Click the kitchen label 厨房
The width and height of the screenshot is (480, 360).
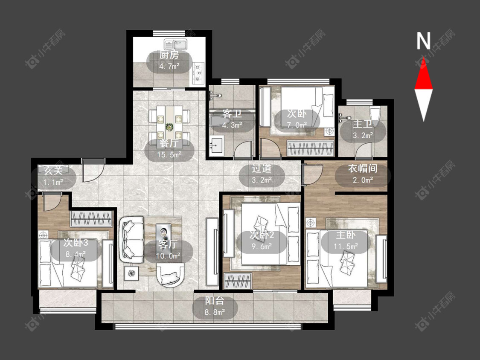[x=169, y=55]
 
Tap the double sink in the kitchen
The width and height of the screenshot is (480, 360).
[x=176, y=45]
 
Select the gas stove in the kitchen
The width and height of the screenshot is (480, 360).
[x=198, y=73]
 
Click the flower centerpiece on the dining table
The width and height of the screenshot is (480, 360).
[x=169, y=126]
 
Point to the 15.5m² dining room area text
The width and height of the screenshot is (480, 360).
[x=169, y=154]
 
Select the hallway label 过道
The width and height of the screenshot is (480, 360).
[x=262, y=168]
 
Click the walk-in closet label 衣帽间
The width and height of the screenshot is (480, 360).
[x=363, y=168]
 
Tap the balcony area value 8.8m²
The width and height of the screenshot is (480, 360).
[x=215, y=312]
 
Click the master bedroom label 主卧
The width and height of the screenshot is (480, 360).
[x=346, y=235]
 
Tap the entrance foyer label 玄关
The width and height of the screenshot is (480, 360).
[x=53, y=170]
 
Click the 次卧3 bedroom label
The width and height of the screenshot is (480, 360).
[x=76, y=243]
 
